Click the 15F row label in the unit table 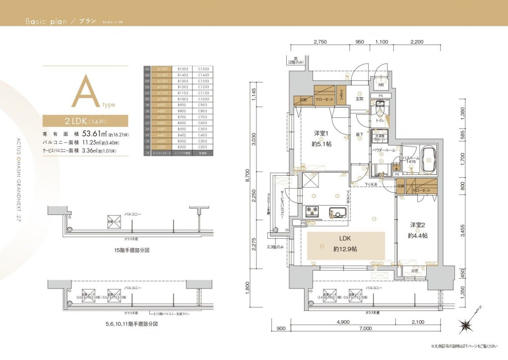pyautogui.click(x=147, y=69)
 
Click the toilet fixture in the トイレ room pyautogui.click(x=381, y=107)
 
